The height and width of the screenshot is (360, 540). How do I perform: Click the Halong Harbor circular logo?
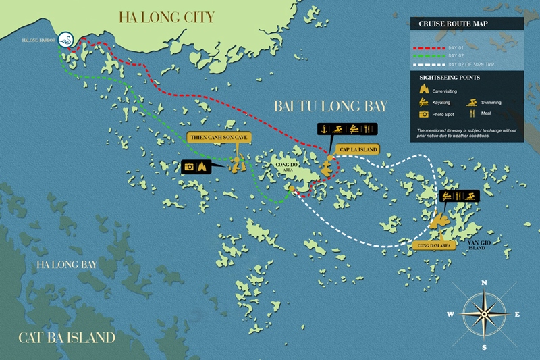pyautogui.click(x=66, y=41)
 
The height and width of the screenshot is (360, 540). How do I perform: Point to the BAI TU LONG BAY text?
pyautogui.click(x=331, y=106)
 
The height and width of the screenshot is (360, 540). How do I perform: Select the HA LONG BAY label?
pyautogui.click(x=67, y=264)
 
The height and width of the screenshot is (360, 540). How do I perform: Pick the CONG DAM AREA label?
pyautogui.click(x=435, y=247)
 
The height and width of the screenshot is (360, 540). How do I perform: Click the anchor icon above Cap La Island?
pyautogui.click(x=324, y=129)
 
